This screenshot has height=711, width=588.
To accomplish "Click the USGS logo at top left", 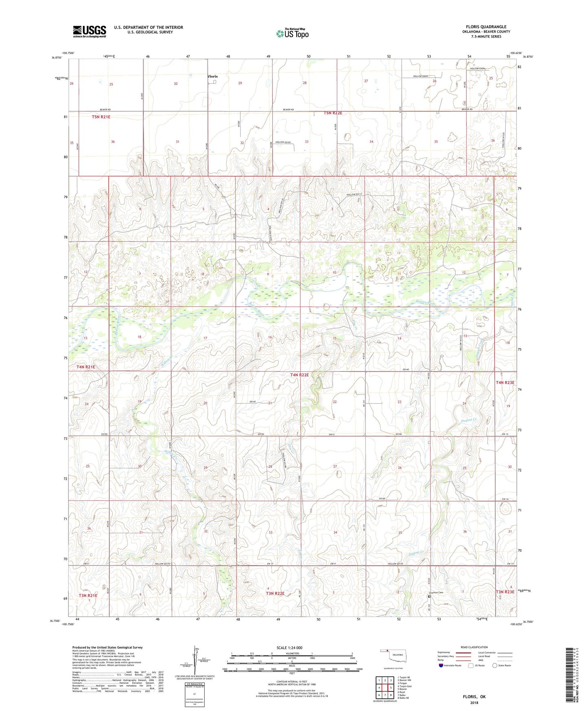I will pyautogui.click(x=89, y=31).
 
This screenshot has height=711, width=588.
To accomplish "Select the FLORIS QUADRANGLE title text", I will pyautogui.click(x=486, y=26).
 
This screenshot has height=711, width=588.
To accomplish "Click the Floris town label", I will pyautogui.click(x=212, y=76).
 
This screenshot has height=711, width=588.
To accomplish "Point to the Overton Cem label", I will pyautogui.click(x=436, y=592).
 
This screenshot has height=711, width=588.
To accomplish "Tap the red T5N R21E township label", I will pyautogui.click(x=101, y=117).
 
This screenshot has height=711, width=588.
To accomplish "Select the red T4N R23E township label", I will pyautogui.click(x=505, y=382).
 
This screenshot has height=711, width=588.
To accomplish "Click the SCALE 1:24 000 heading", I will pyautogui.click(x=289, y=647).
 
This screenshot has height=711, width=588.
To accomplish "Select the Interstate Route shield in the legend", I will pyautogui.click(x=442, y=665).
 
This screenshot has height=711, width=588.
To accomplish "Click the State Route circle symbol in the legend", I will pyautogui.click(x=495, y=665).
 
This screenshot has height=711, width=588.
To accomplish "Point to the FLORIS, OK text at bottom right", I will pyautogui.click(x=474, y=696).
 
